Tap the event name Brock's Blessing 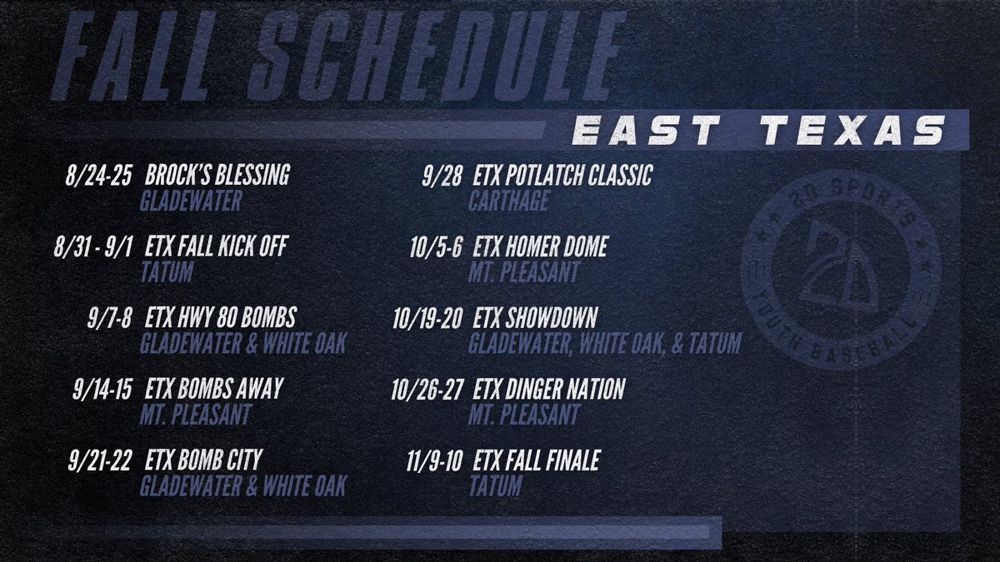coord(217,177)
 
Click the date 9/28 coord(443,177)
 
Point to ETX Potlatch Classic coord(562,177)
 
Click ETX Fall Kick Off coord(218,248)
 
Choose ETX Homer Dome coord(540,248)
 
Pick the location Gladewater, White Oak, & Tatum coord(604,343)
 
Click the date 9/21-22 coord(97,461)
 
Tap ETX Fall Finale coord(536,461)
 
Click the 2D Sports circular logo coord(839,272)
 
